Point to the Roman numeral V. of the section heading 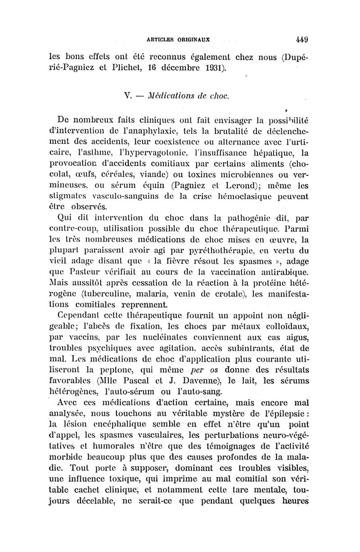[126, 95]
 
